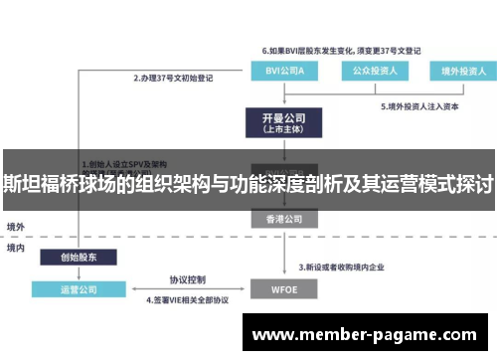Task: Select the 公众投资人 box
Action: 370,72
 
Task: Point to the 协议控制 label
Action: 187,279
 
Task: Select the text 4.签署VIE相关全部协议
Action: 187,299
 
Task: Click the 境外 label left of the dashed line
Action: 16,227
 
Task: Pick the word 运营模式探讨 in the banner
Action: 429,183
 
